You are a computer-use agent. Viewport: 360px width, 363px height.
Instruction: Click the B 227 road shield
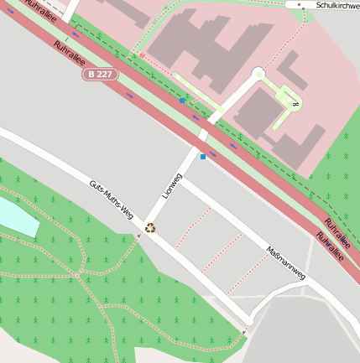click(x=100, y=75)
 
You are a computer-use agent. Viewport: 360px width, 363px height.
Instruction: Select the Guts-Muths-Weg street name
click(x=111, y=200)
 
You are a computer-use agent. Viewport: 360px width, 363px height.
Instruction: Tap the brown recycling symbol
click(x=150, y=227)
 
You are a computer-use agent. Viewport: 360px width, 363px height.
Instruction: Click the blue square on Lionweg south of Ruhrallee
click(x=202, y=156)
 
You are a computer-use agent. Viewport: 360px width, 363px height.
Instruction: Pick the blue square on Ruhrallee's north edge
click(x=182, y=101)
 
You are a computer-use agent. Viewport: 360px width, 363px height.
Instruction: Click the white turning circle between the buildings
click(x=258, y=74)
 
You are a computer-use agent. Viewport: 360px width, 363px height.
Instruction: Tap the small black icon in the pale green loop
click(x=295, y=104)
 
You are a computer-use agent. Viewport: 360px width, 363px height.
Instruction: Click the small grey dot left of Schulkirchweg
click(x=300, y=5)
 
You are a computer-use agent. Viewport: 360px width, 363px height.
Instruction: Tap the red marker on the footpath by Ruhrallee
click(x=142, y=55)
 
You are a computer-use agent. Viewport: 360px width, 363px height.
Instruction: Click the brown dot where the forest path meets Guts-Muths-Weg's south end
click(x=244, y=333)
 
